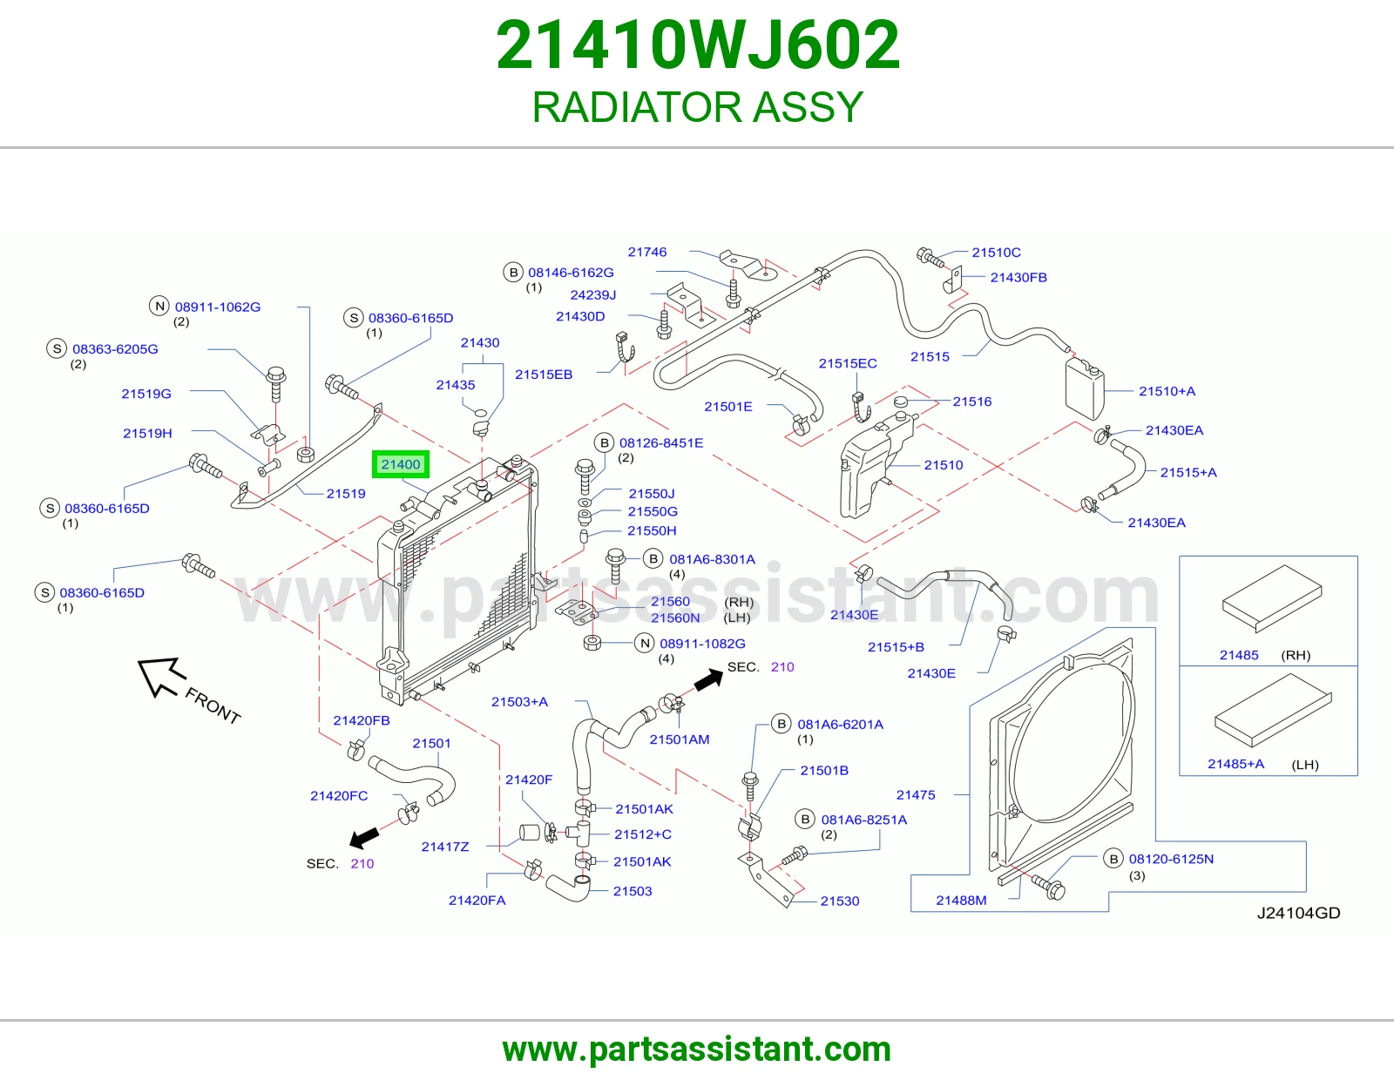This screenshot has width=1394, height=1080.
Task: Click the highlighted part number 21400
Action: point(400,464)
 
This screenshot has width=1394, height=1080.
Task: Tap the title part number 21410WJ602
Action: point(698,45)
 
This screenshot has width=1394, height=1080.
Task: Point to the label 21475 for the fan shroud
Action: point(916,794)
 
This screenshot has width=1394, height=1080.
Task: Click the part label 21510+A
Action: point(1167,391)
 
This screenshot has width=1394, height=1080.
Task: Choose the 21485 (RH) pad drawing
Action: point(1272,598)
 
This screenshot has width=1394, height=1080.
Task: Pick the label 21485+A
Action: point(1235,764)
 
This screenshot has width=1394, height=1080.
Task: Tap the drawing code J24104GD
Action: point(1298,913)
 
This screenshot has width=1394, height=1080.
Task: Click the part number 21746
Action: point(647,252)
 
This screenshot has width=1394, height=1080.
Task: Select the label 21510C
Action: point(996,253)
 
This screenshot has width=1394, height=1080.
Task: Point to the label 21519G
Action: point(146,394)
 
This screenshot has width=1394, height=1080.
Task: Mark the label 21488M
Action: point(961,901)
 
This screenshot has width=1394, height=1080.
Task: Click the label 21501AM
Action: point(680,739)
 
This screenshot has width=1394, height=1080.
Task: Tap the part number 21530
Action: point(840,901)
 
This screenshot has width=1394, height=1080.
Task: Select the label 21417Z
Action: point(445,847)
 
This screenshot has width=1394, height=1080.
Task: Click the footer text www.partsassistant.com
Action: point(697,1050)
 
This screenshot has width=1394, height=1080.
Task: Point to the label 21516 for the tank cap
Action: point(972,402)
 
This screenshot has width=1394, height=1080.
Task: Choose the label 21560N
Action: point(675,618)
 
